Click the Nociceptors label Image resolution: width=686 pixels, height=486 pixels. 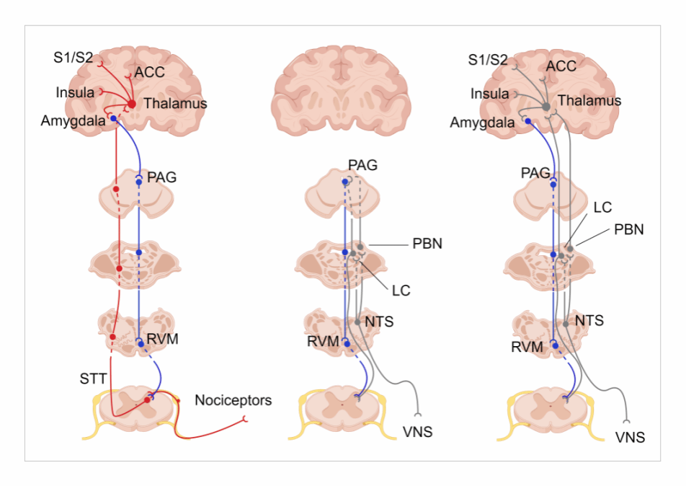pos(233,400)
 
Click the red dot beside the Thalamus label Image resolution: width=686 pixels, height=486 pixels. pos(132,105)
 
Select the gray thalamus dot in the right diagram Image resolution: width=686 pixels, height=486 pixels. pos(547,107)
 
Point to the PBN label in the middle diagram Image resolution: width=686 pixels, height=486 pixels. pos(425,244)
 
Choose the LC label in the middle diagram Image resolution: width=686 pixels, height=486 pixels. pos(401,291)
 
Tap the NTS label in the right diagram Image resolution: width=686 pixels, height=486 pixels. pos(589,320)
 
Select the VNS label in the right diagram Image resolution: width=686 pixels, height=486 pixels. pos(630,437)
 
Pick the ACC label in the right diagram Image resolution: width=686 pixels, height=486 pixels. pos(561,66)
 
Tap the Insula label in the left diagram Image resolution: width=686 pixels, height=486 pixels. pos(75,92)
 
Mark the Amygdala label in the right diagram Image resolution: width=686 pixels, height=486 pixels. pos(482,123)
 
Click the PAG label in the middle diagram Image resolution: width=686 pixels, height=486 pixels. pos(362,166)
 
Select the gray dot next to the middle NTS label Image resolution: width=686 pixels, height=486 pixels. pos(357,322)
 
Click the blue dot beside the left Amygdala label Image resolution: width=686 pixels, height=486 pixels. pos(113,118)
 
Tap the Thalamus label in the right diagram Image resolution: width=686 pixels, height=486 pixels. pos(589,101)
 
